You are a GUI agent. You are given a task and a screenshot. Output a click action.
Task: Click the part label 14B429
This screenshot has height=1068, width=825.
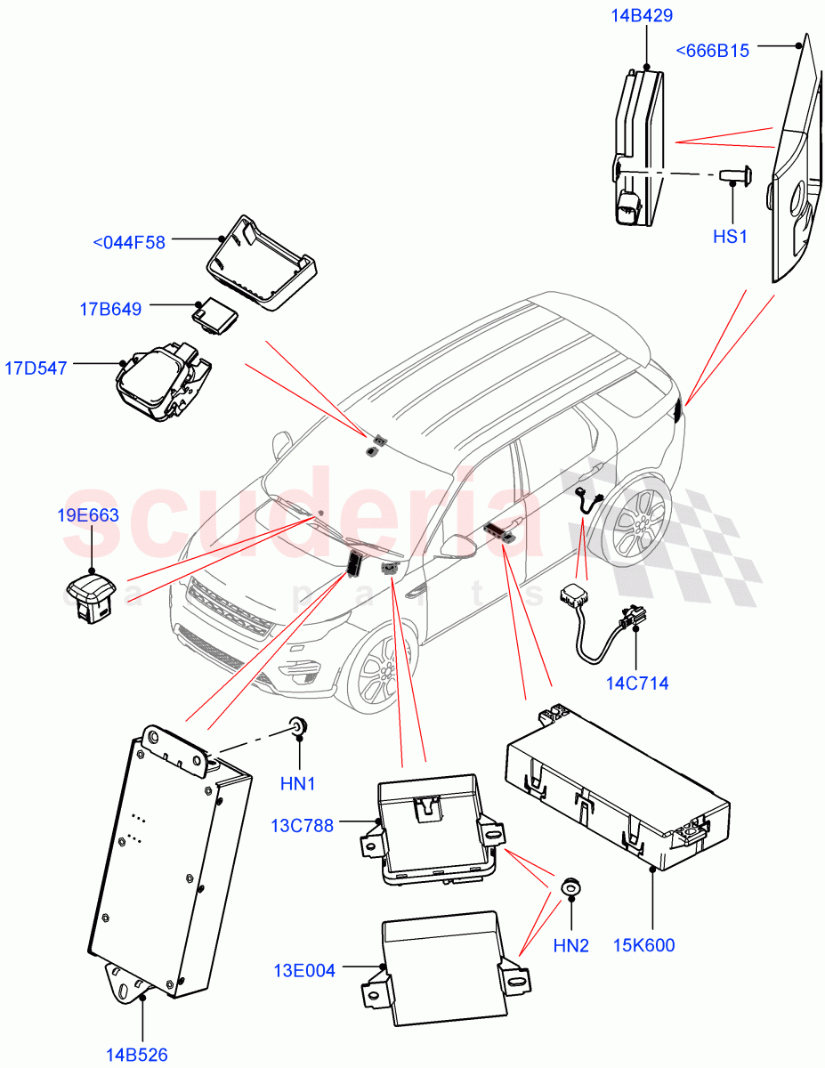point(641,15)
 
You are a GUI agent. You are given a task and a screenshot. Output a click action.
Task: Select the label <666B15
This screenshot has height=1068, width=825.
point(712,51)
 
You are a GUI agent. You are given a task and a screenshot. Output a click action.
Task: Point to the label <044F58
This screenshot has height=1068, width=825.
point(129,241)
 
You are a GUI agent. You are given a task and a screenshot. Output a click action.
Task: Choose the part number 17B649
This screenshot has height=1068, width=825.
point(110,309)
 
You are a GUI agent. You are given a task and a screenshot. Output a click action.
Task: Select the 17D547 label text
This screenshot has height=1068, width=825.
point(36,367)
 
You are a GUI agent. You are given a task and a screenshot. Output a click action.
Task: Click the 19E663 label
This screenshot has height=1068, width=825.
point(89,515)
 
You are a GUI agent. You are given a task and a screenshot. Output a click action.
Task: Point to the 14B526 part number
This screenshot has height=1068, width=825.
point(136,1055)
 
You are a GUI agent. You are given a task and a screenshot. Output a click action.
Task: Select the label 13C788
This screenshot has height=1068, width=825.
point(303,825)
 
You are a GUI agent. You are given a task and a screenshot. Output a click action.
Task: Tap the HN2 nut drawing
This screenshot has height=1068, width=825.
point(570,887)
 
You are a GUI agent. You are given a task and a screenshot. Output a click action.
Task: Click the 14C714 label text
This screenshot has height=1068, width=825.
point(637,684)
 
